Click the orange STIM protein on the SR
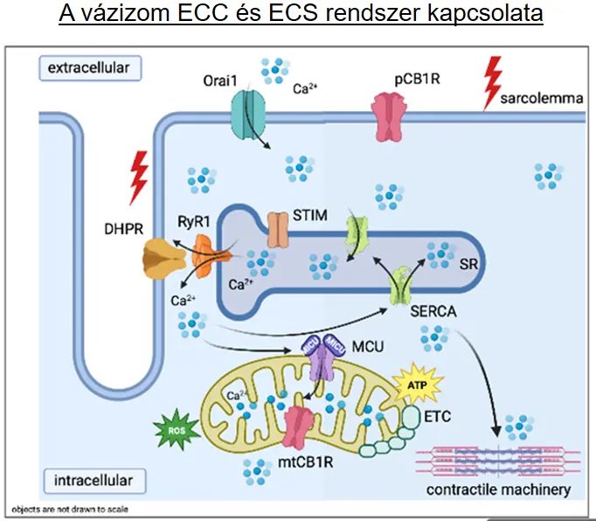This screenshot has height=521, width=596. [x=277, y=230]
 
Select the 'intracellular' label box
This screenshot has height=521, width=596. [x=91, y=480]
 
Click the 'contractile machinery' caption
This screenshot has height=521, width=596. [x=498, y=490]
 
